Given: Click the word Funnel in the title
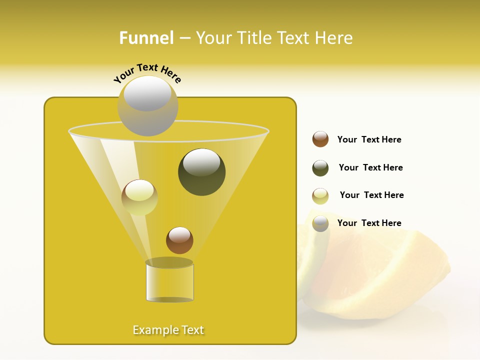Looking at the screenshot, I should [x=146, y=38].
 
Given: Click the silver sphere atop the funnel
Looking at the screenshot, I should [x=147, y=105].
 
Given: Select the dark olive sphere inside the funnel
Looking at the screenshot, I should [x=201, y=172].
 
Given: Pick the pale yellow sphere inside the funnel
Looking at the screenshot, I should [x=139, y=197].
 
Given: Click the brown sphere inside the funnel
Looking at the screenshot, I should [x=179, y=240].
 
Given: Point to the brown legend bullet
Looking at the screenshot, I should [x=320, y=139].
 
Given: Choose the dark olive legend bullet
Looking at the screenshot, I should [x=320, y=168].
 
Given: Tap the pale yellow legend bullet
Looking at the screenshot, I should [x=320, y=196].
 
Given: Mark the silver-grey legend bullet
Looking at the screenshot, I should [x=320, y=223].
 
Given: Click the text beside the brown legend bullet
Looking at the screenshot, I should [x=369, y=139].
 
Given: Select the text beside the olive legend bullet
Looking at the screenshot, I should [x=370, y=167].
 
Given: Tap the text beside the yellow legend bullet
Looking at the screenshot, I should [x=371, y=195].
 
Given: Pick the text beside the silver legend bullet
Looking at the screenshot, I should [x=369, y=223].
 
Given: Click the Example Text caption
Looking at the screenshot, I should [x=168, y=330].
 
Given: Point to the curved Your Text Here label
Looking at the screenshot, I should [x=147, y=72].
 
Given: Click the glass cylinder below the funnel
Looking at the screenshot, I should [x=169, y=282].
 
